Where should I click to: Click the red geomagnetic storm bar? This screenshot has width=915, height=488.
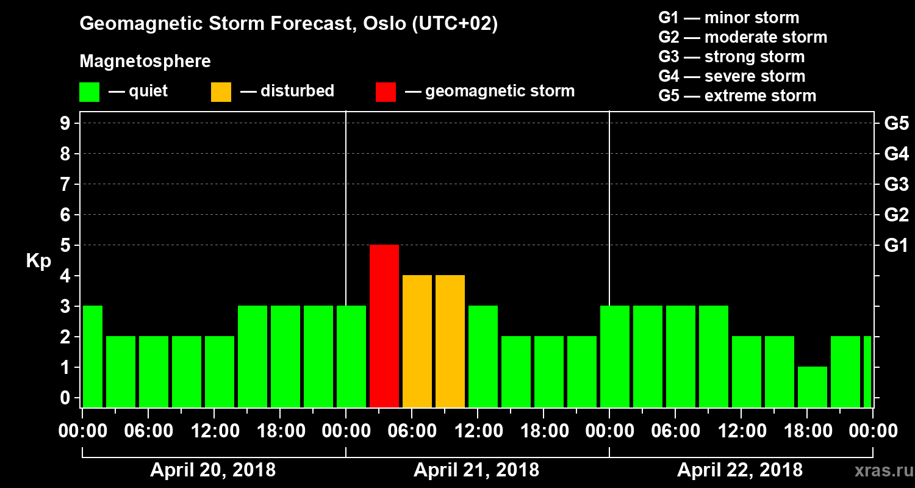click(x=384, y=326)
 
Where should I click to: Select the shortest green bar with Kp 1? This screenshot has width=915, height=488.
click(x=813, y=387)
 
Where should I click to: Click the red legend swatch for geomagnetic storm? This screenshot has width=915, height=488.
click(x=386, y=91)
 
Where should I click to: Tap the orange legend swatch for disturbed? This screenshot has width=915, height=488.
click(x=221, y=91)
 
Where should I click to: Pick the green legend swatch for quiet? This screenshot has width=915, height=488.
click(x=89, y=91)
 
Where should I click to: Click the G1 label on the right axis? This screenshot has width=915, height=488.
click(x=896, y=246)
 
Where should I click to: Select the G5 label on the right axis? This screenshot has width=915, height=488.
click(x=896, y=124)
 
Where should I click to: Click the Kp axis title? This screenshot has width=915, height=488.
click(x=38, y=262)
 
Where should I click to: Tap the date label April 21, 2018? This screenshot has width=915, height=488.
click(x=476, y=470)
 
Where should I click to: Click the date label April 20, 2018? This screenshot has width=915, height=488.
click(x=213, y=470)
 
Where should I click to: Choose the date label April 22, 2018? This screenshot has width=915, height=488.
click(x=740, y=470)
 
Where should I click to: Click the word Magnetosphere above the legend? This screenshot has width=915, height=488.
click(x=145, y=62)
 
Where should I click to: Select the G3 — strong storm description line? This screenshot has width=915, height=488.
click(x=731, y=57)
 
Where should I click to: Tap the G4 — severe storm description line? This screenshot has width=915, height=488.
click(x=732, y=76)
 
